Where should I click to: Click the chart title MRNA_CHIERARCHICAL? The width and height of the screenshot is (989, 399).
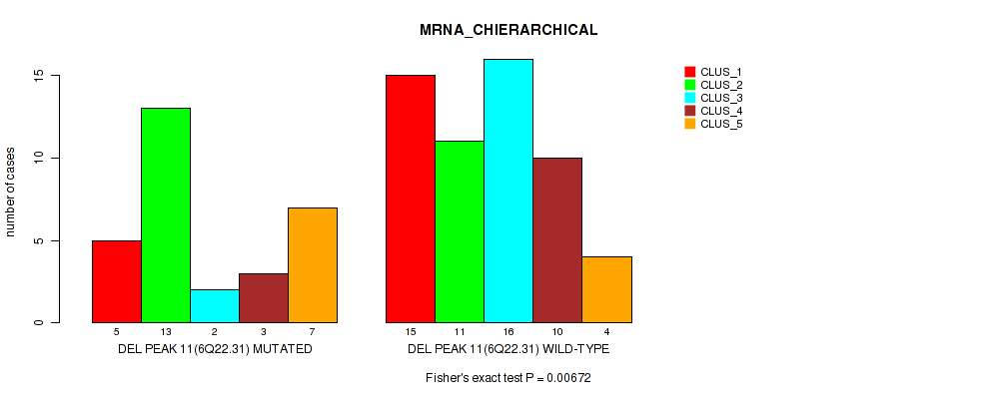point(508,30)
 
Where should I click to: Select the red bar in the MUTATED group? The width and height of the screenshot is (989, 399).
point(116,281)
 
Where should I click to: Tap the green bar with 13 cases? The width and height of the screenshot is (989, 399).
point(165,215)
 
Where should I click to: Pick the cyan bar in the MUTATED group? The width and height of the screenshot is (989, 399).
point(214,306)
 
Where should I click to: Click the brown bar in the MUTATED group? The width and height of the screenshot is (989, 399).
point(264,298)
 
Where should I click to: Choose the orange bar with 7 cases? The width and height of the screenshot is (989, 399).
point(313,265)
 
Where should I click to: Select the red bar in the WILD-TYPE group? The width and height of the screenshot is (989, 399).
point(411,199)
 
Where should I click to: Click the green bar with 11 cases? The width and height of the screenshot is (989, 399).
point(460,232)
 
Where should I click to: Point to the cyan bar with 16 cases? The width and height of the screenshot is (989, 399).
point(508,191)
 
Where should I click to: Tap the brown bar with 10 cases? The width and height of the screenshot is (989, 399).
point(557,240)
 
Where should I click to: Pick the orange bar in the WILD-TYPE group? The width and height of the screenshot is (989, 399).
point(607,290)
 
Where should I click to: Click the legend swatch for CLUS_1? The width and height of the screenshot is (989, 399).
point(689,72)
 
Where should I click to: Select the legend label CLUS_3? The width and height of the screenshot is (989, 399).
point(721,98)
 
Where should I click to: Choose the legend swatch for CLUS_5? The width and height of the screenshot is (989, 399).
point(689,124)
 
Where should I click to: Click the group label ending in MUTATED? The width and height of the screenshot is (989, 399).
point(215,350)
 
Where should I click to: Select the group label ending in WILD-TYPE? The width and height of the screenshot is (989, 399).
point(508,350)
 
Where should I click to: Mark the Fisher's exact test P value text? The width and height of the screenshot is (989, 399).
point(508,379)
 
